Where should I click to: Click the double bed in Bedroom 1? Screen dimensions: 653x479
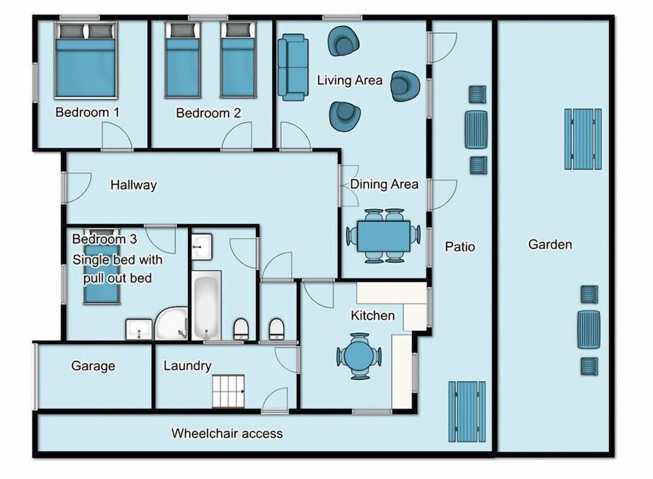coord(86,61)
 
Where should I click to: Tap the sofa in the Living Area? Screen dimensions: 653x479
coord(293,68)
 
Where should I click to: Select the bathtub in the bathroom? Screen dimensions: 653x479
coord(206,305)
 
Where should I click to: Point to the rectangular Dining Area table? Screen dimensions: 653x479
coord(383,236)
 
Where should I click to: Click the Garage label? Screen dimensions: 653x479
coord(93,366)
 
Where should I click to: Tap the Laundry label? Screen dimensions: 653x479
coord(187,366)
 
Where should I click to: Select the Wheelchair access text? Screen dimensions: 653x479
coord(227,433)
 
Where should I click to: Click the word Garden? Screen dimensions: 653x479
coord(550,244)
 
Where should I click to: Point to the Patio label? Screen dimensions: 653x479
coord(460,247)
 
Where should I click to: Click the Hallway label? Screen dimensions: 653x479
coord(134,185)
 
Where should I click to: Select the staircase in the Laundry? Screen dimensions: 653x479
coord(228,391)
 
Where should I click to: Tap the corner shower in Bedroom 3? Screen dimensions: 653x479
coord(171,323)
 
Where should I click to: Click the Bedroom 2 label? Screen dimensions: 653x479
coord(208,113)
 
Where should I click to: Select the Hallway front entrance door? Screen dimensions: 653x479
coord(76,188)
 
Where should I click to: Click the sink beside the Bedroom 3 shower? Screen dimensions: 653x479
coord(139,330)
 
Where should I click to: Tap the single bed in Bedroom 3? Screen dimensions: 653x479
coord(102,266)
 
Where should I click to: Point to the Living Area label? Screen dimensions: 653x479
coord(350,80)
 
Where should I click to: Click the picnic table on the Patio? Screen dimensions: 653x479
coord(467,412)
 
